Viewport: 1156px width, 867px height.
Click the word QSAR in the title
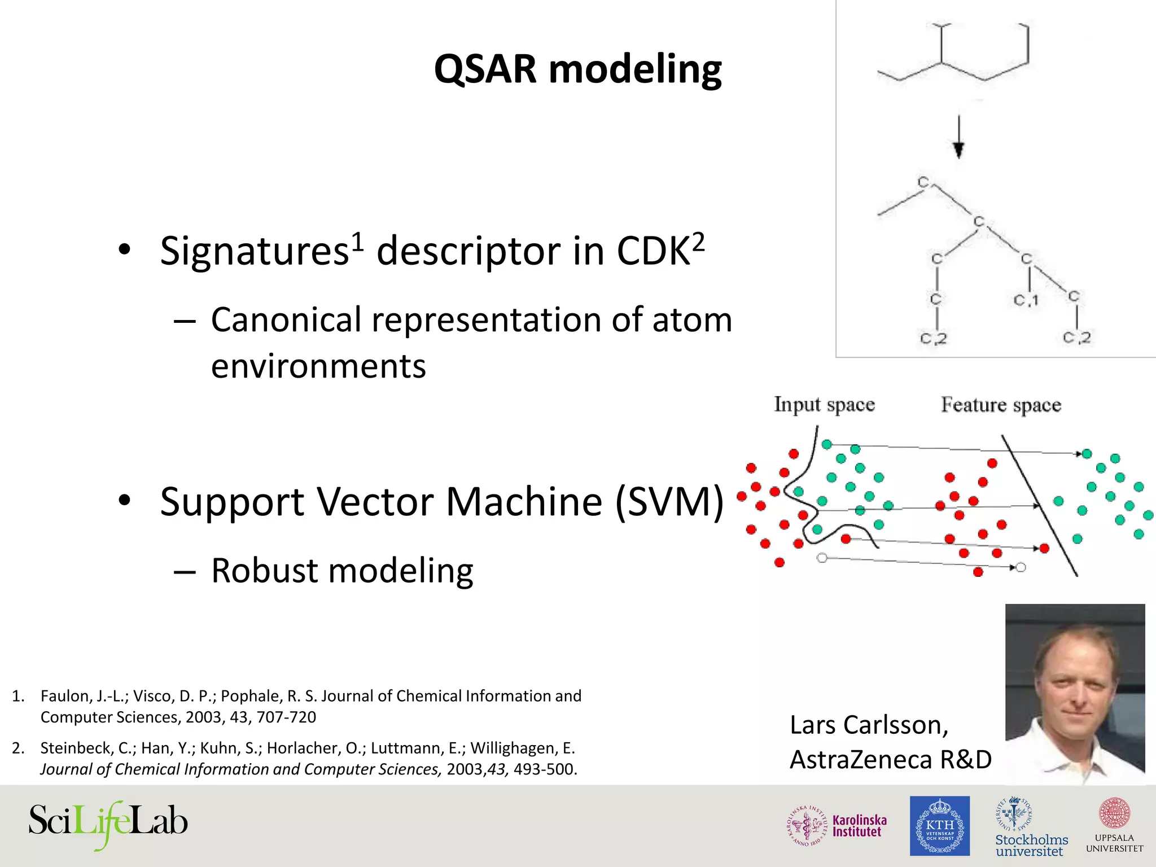tap(485, 69)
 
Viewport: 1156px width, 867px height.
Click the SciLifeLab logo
tap(108, 822)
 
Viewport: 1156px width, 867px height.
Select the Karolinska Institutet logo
tap(837, 826)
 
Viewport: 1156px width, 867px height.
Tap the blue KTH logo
tap(939, 826)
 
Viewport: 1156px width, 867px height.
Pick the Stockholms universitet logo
tap(1031, 827)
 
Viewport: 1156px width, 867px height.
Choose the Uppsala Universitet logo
tap(1114, 825)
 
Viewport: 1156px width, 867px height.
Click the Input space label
tap(824, 405)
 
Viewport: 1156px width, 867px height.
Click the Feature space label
tap(1001, 405)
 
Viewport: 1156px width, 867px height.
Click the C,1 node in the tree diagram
tap(1026, 300)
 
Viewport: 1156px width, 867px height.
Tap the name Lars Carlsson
tap(868, 725)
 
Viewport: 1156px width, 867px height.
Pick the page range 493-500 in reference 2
tap(544, 769)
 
